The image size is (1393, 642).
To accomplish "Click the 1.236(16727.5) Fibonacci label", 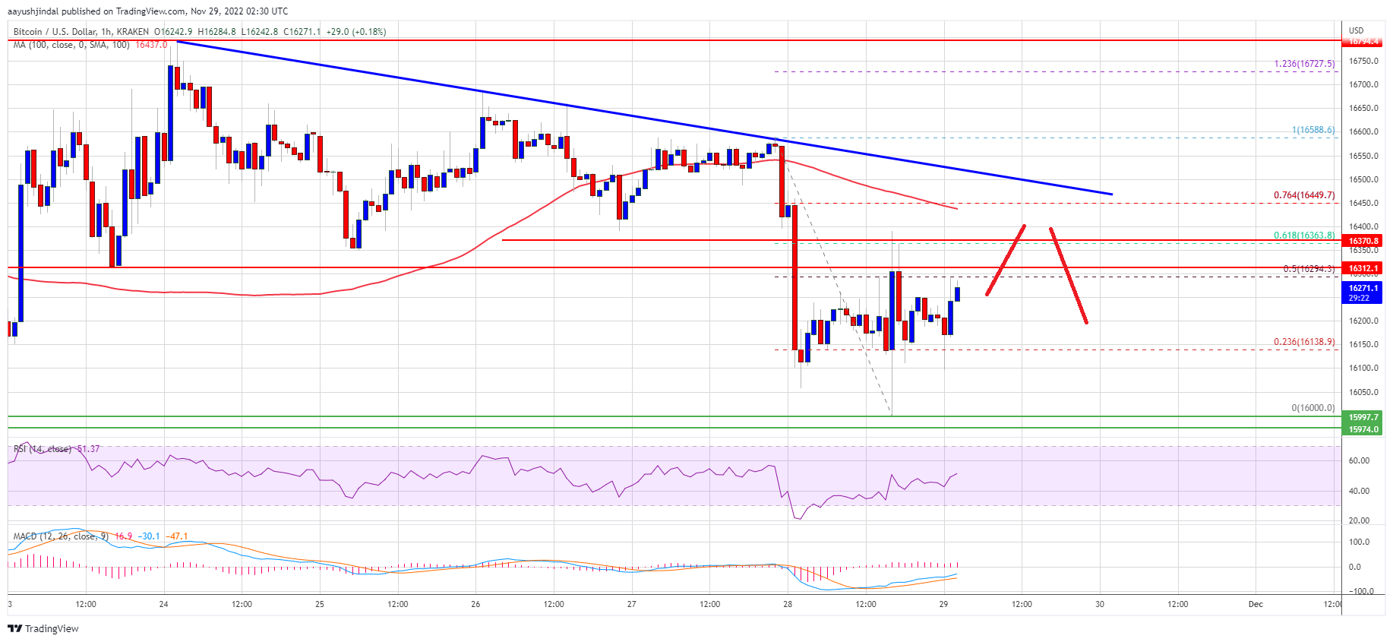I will tap(1304, 64).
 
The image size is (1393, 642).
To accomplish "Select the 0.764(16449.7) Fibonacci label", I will tap(1304, 195).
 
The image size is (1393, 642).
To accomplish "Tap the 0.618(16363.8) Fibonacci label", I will tap(1304, 236).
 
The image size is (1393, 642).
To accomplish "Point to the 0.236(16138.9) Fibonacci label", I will tap(1304, 342).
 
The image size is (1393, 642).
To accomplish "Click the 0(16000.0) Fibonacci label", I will tap(1313, 408).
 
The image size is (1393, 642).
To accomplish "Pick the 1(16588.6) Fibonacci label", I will tap(1313, 130).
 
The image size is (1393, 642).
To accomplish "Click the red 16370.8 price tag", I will tap(1363, 241).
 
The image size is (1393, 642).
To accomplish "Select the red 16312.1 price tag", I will tap(1363, 268).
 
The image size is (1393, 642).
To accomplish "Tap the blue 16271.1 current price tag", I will tap(1363, 289).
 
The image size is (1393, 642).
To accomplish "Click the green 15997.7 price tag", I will tap(1363, 417).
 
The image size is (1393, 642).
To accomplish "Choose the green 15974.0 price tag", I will tap(1363, 429).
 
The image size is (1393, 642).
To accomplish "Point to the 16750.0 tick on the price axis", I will tap(1363, 61).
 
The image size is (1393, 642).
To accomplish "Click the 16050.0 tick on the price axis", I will tap(1363, 392).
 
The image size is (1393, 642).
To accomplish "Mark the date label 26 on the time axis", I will tap(475, 605).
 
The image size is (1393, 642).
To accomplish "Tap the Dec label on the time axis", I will tap(1256, 605).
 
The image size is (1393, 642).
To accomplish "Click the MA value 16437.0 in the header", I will tap(151, 45).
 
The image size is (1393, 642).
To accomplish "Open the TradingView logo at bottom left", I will tap(43, 628).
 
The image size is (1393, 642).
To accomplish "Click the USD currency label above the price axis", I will tap(1357, 30).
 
